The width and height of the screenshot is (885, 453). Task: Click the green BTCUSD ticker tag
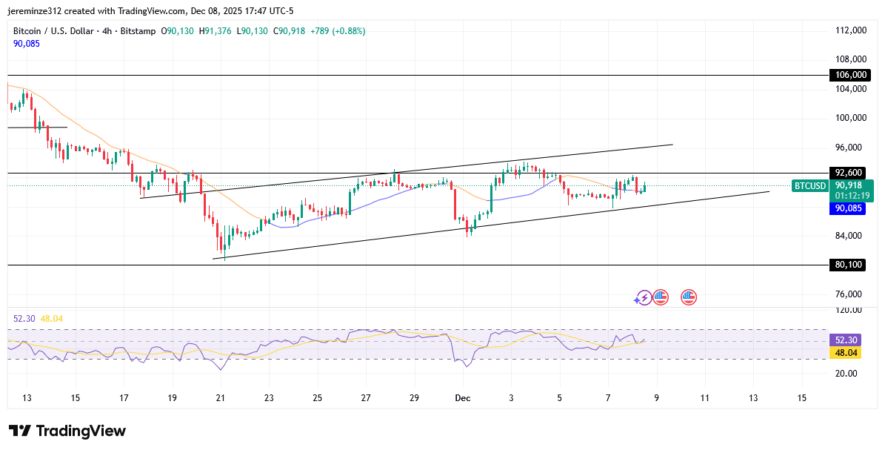(809, 185)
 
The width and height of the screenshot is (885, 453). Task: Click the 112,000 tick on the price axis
(851, 30)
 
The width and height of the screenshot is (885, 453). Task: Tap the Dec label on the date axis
(463, 398)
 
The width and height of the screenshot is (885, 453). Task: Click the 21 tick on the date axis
(220, 398)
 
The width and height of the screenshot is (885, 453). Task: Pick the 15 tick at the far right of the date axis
(801, 398)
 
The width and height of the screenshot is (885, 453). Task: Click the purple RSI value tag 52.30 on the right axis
(846, 340)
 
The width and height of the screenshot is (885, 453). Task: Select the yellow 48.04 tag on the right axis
(846, 354)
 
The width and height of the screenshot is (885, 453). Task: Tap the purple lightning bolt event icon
(643, 297)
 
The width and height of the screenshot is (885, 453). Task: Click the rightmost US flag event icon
(689, 297)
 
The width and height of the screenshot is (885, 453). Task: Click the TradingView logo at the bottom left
(67, 431)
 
